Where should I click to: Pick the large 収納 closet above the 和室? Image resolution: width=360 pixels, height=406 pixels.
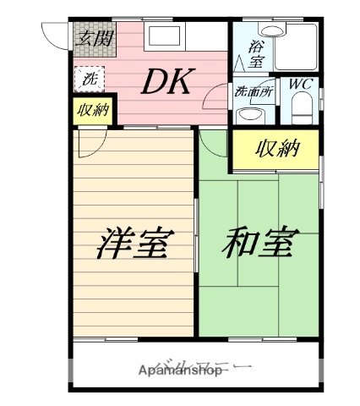[x=276, y=150]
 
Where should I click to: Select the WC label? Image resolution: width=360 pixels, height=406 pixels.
[x=302, y=85]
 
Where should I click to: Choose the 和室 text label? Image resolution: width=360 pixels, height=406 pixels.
[x=258, y=243]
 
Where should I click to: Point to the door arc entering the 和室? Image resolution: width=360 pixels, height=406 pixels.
[x=211, y=140]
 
